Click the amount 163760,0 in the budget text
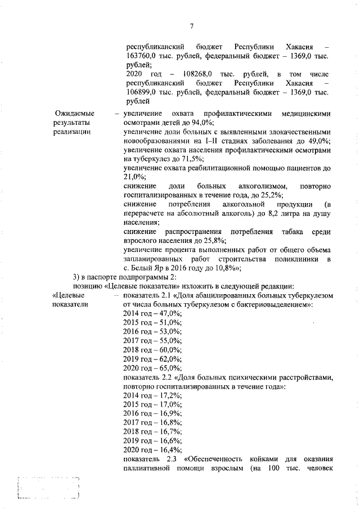click(141, 56)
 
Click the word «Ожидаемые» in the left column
click(74, 114)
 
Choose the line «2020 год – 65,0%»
click(152, 367)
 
